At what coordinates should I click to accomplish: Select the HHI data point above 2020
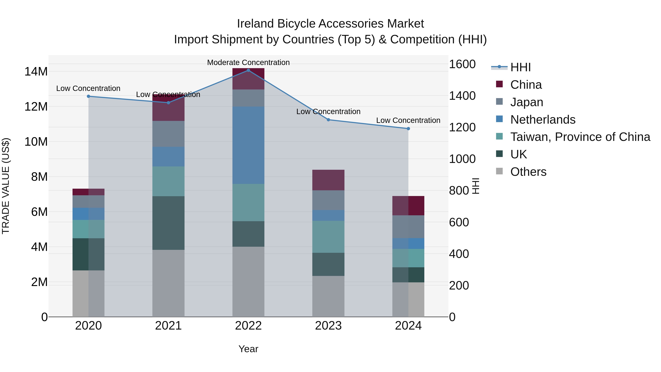click(x=89, y=96)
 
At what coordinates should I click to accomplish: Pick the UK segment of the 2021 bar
click(x=168, y=223)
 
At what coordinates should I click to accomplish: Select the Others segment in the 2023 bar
click(x=328, y=296)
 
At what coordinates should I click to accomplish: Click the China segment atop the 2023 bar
click(x=328, y=180)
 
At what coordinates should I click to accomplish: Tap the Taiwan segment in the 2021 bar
click(x=168, y=181)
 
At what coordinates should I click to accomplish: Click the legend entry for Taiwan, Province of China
click(x=580, y=137)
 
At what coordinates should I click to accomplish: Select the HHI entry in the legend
click(x=520, y=67)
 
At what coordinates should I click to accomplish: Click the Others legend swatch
click(x=499, y=171)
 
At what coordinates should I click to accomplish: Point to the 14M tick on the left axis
click(x=36, y=72)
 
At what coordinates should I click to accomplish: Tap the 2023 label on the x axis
click(x=328, y=326)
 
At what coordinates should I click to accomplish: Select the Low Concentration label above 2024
click(x=408, y=120)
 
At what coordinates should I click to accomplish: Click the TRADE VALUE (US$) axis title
click(x=6, y=186)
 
